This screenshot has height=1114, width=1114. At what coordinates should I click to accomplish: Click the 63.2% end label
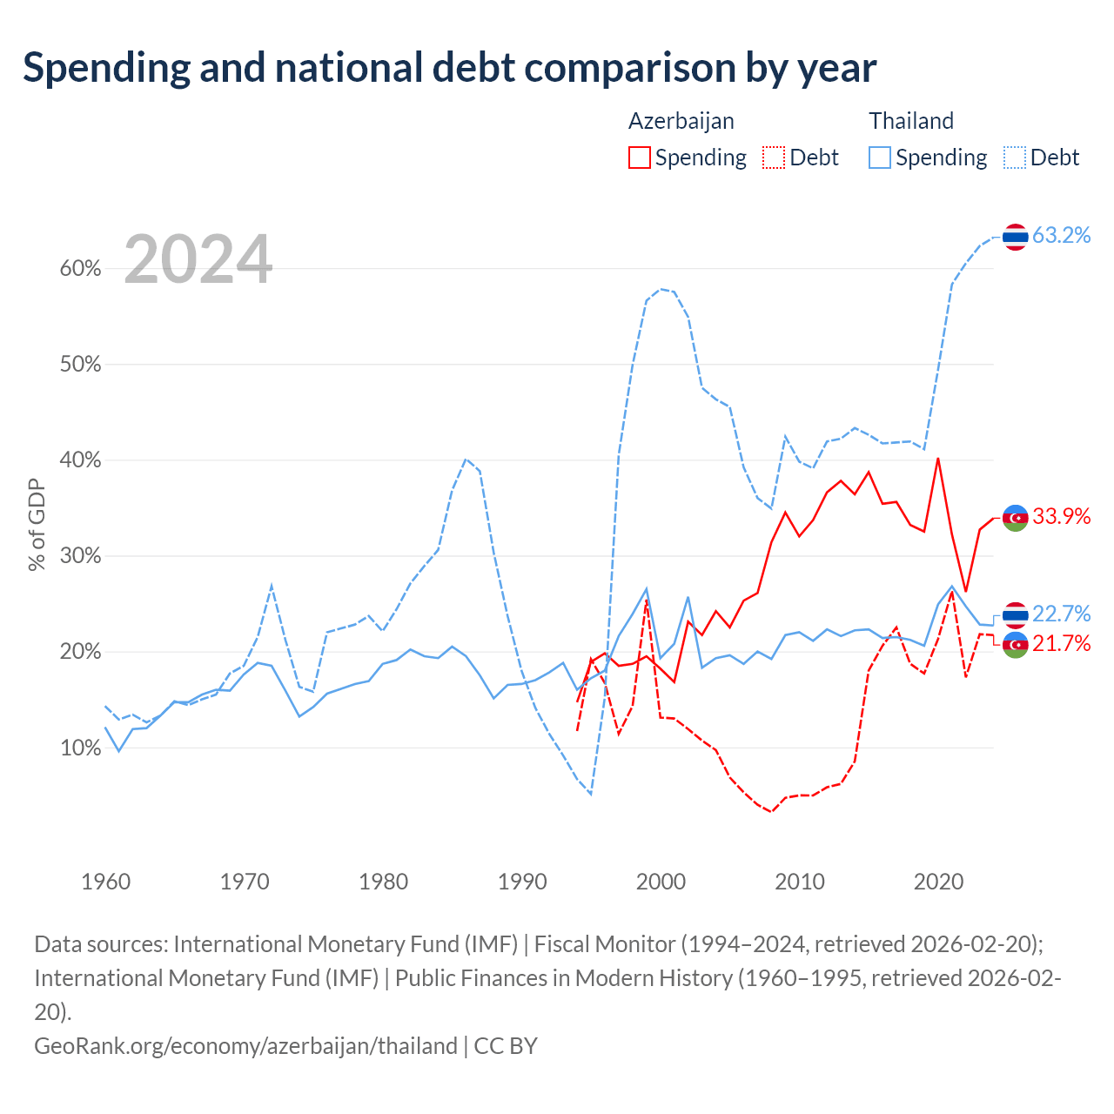coord(1061,235)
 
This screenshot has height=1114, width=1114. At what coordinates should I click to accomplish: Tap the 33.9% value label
coord(1061,516)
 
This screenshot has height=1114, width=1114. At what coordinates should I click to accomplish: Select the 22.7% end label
coord(1061,614)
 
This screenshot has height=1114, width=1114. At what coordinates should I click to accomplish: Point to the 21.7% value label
coord(1061,643)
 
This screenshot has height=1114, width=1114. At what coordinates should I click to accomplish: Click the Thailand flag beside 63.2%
coord(1015,237)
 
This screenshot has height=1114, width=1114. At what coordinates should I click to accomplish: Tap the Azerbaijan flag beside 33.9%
coord(1015,517)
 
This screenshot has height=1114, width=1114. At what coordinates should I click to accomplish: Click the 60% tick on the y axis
coord(80,269)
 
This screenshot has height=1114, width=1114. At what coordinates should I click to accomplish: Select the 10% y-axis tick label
coord(80,748)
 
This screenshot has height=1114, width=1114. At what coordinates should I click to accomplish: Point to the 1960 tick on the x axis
coord(106,882)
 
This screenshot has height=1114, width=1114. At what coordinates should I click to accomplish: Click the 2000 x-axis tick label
coord(661,882)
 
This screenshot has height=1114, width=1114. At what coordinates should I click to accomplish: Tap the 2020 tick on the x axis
coord(938,882)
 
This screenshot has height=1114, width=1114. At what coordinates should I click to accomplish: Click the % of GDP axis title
coord(37,525)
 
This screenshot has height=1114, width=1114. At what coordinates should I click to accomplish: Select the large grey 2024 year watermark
coord(198,258)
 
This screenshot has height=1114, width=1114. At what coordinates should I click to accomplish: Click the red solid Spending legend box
coord(640,158)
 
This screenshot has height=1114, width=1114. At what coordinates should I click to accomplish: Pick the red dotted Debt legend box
coord(774,158)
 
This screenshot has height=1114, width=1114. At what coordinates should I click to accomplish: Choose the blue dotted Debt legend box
coord(1015,158)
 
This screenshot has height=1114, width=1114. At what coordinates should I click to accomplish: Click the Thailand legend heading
coord(911,121)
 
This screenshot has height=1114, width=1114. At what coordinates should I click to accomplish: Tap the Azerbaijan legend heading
coord(681,122)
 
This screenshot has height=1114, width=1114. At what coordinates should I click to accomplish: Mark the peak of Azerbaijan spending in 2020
coord(937,459)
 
